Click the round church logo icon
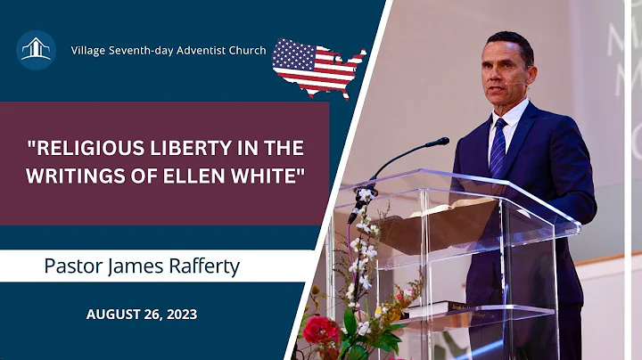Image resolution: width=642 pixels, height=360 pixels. pyautogui.click(x=36, y=50)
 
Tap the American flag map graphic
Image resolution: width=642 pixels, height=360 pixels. pyautogui.click(x=318, y=66)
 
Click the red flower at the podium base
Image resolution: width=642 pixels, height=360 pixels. pyautogui.click(x=320, y=331)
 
